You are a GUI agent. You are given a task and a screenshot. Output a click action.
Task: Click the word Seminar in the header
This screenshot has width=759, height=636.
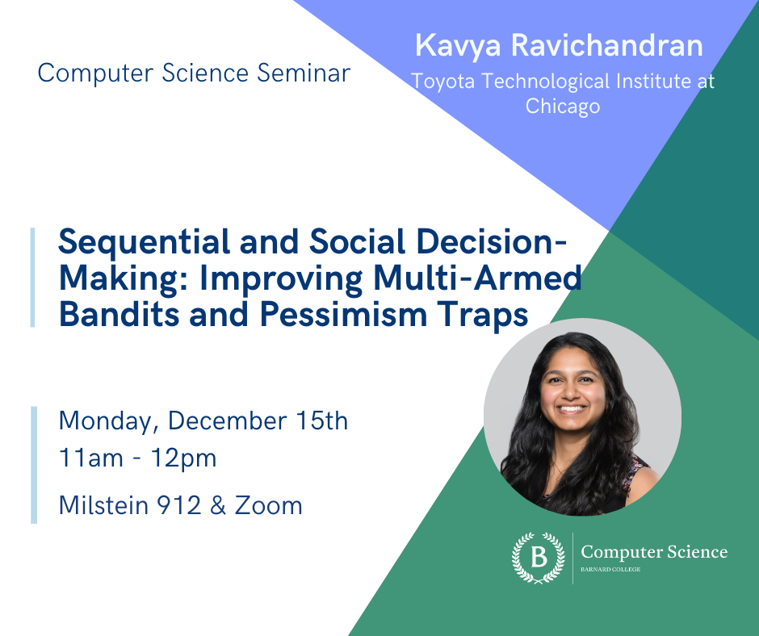click(303, 73)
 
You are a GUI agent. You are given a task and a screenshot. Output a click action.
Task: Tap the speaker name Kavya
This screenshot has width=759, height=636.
click(458, 47)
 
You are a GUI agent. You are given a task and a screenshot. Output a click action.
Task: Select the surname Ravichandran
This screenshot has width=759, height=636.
click(607, 45)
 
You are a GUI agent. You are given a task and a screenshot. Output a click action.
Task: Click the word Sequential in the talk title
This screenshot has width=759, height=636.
click(145, 242)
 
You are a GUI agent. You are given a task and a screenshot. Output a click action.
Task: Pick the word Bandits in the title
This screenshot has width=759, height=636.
click(120, 314)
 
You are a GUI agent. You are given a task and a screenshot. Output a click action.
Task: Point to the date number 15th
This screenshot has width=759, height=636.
click(321, 421)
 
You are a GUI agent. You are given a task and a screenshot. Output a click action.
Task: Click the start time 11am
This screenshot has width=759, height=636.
click(91, 458)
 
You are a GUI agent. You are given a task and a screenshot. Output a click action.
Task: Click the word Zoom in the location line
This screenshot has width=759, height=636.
click(269, 505)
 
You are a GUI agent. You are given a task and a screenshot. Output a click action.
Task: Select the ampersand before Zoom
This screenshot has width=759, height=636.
click(218, 505)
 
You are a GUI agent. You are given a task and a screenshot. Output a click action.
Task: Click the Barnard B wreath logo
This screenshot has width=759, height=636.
click(539, 558)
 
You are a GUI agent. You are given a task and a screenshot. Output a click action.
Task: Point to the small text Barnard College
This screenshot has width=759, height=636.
click(610, 569)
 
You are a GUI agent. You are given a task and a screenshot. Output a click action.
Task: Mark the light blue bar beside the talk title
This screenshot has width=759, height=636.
click(33, 278)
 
